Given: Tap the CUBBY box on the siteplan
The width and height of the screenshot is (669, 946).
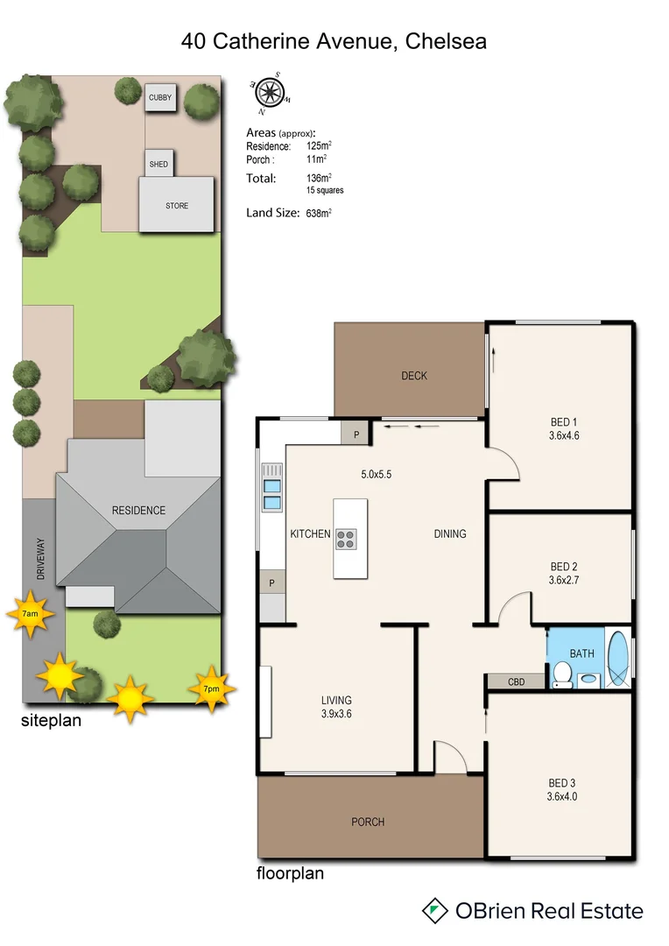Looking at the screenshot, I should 160,98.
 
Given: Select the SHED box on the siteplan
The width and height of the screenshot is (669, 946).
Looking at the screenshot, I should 158,164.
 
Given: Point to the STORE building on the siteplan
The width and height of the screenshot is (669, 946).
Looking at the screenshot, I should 177,206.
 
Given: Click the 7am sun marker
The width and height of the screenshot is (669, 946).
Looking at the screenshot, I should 30,614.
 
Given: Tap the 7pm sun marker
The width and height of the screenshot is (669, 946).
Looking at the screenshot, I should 212,688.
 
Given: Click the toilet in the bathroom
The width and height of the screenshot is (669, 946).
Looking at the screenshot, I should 562,674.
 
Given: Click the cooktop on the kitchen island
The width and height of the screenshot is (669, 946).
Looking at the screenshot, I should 345,539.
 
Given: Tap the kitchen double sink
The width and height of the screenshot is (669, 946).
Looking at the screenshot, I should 272,495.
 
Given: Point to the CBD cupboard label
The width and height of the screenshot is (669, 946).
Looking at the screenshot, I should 516,681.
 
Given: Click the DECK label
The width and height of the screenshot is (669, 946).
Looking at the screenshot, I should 414,376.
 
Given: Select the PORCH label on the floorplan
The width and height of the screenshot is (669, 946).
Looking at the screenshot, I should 368,822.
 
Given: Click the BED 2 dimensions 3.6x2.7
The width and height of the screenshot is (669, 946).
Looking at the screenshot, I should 564,580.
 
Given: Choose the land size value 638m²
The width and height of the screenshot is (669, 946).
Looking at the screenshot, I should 318,213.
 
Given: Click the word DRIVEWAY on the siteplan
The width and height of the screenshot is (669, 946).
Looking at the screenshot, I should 39,558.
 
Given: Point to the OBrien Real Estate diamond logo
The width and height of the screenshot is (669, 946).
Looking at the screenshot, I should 433,910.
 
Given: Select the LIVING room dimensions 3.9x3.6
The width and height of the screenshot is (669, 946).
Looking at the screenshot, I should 336,714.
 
